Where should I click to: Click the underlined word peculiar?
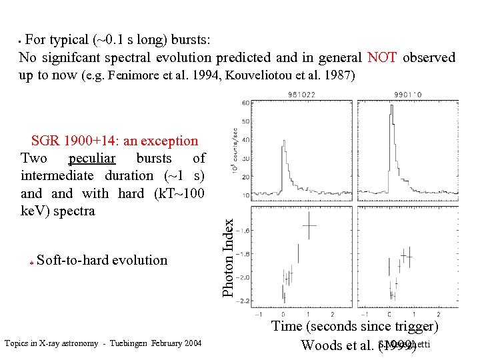92,159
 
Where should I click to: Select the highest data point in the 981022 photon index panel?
309,225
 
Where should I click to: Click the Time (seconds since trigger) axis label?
355,327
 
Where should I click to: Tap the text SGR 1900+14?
85,141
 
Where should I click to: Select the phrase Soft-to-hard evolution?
103,260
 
